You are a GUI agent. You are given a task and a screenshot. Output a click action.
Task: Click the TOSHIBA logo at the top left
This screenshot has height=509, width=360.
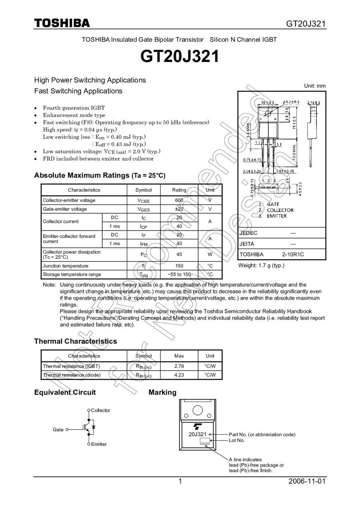click(x=62, y=23)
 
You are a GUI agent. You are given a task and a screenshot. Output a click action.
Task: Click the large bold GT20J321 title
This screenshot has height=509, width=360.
click(x=180, y=57)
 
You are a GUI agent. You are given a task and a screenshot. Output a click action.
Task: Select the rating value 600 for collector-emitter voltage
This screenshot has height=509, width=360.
click(x=179, y=200)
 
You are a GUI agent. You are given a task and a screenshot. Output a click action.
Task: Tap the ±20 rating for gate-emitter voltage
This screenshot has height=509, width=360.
click(x=179, y=209)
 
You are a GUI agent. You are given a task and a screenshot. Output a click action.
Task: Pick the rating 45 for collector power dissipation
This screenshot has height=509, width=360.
click(x=179, y=255)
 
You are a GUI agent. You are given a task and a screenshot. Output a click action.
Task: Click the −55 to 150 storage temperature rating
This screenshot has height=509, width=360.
click(x=179, y=274)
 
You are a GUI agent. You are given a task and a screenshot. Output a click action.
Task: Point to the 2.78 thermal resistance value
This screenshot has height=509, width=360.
click(x=179, y=366)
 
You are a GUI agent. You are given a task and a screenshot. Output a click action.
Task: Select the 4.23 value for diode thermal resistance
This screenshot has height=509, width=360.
click(x=179, y=375)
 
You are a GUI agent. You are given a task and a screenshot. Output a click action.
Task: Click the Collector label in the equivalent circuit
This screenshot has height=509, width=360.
click(x=100, y=410)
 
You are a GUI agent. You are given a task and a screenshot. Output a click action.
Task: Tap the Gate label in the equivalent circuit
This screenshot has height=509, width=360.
click(x=58, y=429)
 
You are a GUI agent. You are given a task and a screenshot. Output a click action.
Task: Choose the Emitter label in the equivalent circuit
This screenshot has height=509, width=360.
click(x=99, y=444)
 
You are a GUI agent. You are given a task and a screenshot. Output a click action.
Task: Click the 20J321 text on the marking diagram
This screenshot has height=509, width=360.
click(x=198, y=434)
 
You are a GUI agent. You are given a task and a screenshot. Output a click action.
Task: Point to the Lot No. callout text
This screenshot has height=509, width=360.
click(x=237, y=440)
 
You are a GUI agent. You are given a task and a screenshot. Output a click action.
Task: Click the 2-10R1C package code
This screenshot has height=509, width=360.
click(x=293, y=255)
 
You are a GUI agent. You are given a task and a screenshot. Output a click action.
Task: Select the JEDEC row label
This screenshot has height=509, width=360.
click(x=248, y=233)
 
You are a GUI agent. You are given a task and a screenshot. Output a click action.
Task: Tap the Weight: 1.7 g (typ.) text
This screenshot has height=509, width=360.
click(x=261, y=265)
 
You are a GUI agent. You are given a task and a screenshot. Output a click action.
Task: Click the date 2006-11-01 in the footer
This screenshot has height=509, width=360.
click(x=306, y=481)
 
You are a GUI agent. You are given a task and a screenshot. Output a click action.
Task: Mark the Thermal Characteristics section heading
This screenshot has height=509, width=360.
click(x=75, y=341)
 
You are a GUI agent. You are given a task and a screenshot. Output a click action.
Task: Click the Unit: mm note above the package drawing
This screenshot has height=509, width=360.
click(x=315, y=86)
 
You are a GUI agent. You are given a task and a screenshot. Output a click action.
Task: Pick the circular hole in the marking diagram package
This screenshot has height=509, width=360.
click(x=197, y=410)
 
